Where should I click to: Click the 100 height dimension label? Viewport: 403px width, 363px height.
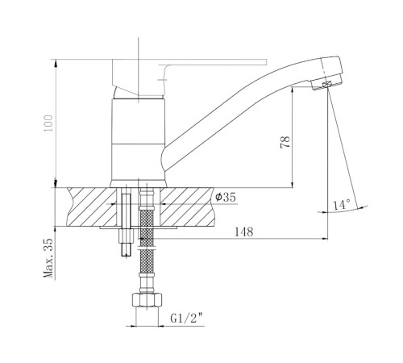(x=48, y=123)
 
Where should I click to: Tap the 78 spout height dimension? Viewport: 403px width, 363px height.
(x=285, y=142)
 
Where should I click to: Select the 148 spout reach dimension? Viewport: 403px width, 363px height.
(x=244, y=232)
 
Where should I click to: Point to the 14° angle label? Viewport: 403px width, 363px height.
(x=342, y=205)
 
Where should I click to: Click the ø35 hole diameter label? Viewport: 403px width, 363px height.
(x=225, y=197)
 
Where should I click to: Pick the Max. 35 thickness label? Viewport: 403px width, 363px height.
(x=48, y=258)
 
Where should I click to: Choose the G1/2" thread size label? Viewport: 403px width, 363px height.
(x=186, y=319)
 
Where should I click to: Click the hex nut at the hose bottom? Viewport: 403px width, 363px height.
(x=147, y=301)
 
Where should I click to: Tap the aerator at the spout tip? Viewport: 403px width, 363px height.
(x=327, y=85)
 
